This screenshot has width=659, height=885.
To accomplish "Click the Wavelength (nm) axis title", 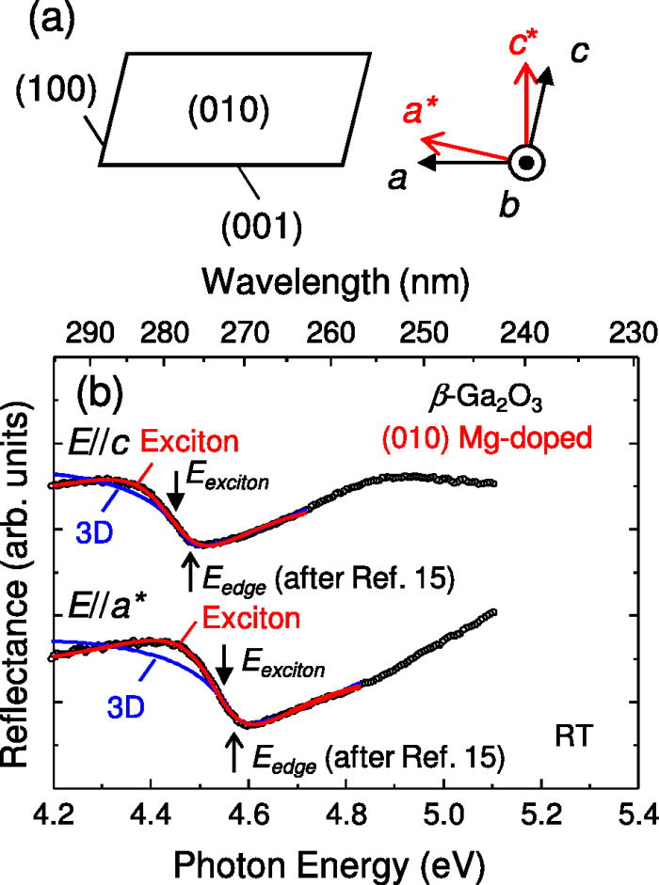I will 335,278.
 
